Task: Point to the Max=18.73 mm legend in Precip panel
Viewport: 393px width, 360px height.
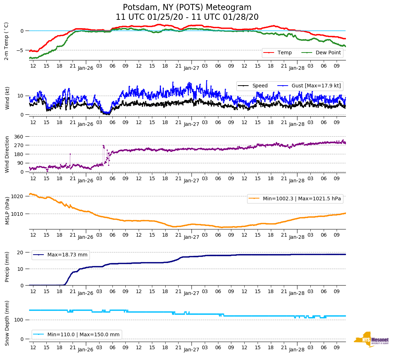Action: click(61, 255)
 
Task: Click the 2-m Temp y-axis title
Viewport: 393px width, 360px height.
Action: click(6, 41)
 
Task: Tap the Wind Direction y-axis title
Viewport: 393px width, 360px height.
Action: click(7, 154)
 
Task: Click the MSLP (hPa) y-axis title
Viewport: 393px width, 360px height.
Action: click(7, 211)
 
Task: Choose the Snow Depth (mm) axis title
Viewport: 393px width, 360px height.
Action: click(7, 323)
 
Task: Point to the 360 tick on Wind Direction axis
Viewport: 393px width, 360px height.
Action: click(19, 137)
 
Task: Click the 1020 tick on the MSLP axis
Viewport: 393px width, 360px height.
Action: click(18, 196)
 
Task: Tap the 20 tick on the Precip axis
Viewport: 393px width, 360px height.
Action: click(21, 252)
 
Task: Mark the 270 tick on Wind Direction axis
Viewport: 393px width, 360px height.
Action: click(19, 145)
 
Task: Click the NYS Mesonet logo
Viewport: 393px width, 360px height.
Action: click(371, 340)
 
